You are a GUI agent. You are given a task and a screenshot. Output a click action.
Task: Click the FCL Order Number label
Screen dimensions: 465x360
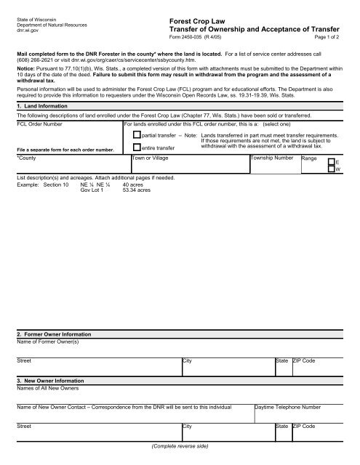tap(41, 125)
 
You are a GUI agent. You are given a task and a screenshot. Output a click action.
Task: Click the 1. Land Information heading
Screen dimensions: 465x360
tap(42, 108)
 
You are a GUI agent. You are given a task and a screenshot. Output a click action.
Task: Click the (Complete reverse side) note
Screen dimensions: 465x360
tap(179, 445)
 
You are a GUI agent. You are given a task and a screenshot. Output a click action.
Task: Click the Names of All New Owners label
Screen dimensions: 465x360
tap(47, 388)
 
